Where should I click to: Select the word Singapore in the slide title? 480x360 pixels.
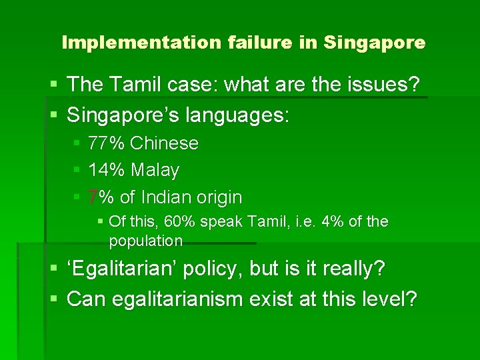[x=375, y=43]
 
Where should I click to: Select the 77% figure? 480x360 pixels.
[x=107, y=143]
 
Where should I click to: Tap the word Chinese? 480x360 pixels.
[x=165, y=143]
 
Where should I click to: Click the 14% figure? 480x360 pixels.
[x=107, y=171]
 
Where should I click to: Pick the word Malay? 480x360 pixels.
[x=155, y=171]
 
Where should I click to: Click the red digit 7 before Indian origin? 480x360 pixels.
[x=93, y=197]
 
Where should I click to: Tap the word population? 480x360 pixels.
[x=145, y=240]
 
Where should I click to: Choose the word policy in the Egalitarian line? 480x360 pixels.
[x=213, y=269]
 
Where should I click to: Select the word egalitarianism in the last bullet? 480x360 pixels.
[x=170, y=299]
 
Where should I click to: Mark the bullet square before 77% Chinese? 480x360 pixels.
[x=77, y=143]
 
